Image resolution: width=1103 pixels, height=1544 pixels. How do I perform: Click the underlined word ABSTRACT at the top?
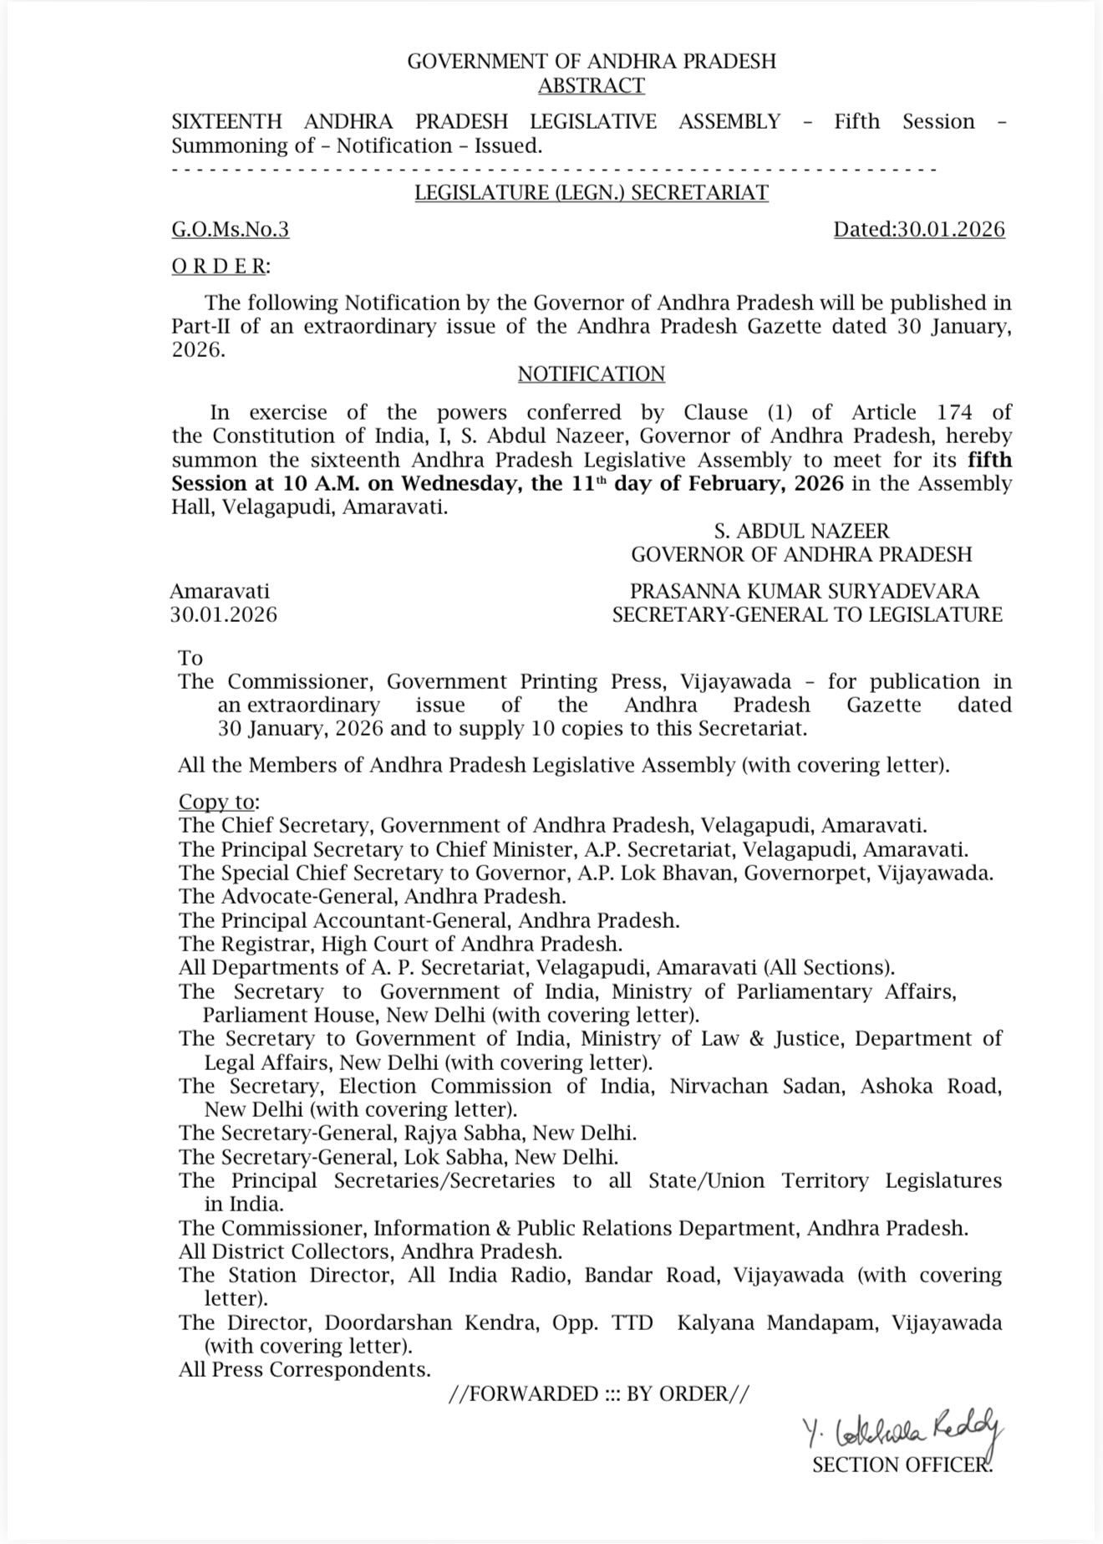pos(591,86)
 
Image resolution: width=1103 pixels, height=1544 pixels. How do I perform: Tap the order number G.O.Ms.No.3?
pos(231,230)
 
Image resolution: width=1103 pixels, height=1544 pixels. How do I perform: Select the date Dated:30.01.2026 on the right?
pos(919,230)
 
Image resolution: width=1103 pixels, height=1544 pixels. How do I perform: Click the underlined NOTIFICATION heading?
pos(591,374)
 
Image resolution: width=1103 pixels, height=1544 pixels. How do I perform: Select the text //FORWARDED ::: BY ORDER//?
pos(599,1394)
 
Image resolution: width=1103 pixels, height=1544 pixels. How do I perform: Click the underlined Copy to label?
pos(217,802)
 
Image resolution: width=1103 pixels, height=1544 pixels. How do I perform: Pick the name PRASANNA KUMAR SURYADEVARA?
pos(805,591)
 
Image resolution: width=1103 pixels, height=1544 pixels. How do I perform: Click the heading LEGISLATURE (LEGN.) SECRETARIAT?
pos(592,193)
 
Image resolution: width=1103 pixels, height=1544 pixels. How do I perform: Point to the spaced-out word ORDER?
pos(219,267)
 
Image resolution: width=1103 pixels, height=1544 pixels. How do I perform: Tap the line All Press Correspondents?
pos(304,1369)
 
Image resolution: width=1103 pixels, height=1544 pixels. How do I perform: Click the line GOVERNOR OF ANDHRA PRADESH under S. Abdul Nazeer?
pos(801,554)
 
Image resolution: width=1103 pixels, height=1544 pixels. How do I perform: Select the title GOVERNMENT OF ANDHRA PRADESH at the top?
pos(592,61)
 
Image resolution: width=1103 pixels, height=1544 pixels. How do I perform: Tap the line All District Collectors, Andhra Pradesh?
pos(369,1251)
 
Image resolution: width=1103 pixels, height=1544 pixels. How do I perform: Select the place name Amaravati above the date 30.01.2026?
pos(220,591)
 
